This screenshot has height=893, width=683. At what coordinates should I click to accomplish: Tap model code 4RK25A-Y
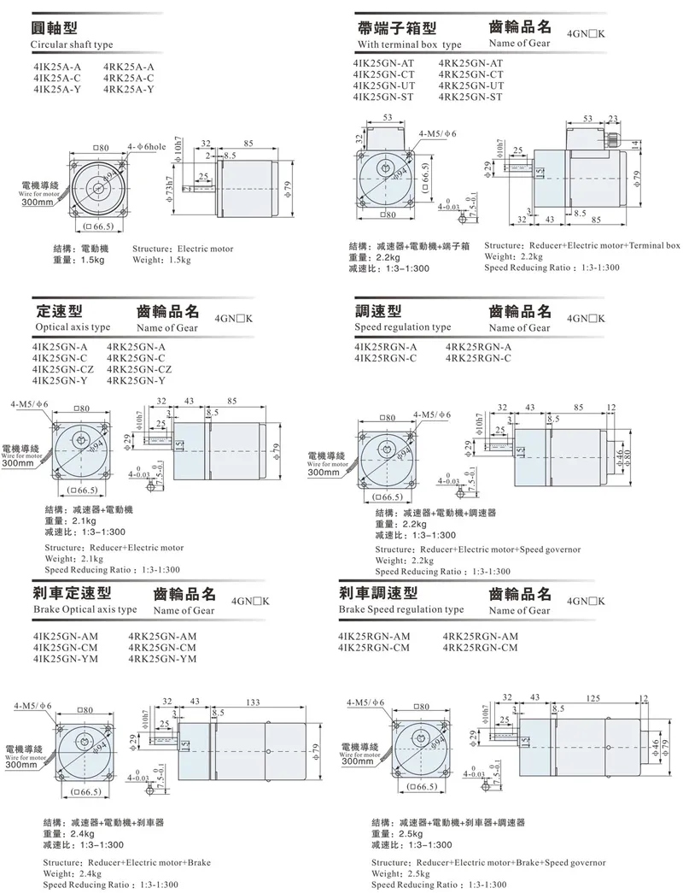pos(128,90)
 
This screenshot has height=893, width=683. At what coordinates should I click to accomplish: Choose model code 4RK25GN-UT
pos(470,86)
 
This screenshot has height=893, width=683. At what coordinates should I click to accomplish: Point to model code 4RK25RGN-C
pos(478,358)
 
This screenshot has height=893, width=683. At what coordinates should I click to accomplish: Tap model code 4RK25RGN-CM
pos(480,648)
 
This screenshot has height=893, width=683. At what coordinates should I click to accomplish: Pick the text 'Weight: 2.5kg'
pos(405,873)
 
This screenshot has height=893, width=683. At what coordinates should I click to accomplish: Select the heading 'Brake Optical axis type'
pos(85,609)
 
